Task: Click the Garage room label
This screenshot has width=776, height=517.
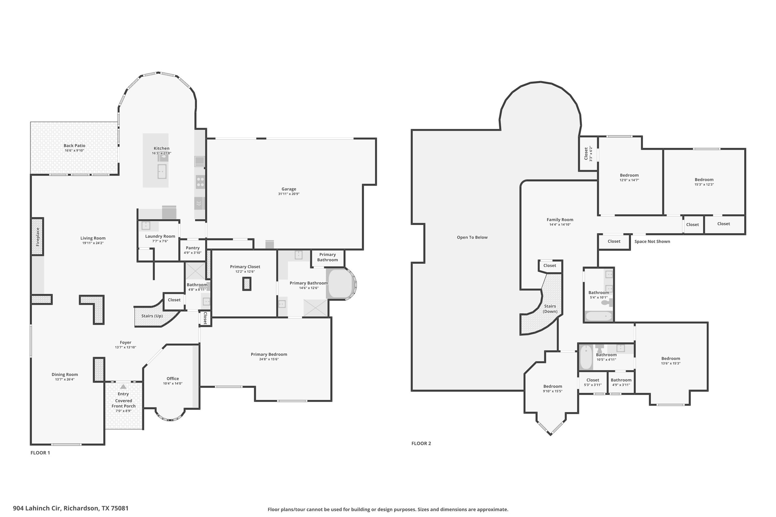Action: point(289,189)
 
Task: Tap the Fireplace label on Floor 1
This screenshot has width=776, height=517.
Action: point(38,237)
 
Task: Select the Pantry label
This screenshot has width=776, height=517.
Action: point(193,248)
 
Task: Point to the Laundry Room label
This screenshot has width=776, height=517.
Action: point(160,236)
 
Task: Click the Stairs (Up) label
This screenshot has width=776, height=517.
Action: point(152,316)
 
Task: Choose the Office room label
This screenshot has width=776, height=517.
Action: point(173,378)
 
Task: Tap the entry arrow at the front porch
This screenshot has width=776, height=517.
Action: point(123,387)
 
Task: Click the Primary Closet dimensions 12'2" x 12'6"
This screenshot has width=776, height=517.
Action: point(245,272)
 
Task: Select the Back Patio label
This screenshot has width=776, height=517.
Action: point(74,145)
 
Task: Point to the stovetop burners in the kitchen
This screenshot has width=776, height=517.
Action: point(200,182)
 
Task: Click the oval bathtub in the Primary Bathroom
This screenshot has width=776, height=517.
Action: point(341,284)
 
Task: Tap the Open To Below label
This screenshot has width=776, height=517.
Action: point(472,237)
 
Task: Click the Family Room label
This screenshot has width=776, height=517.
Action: point(560,220)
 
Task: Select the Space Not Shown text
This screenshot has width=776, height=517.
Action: point(652,241)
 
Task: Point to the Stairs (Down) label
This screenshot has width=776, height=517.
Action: point(550,309)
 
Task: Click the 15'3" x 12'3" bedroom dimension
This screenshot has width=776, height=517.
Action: point(704,185)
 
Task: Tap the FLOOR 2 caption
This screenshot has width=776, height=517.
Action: point(421,443)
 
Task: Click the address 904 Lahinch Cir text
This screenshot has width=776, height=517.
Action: point(37,508)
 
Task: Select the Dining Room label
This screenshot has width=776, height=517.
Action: point(65,375)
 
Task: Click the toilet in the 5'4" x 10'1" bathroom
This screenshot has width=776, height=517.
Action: point(607,302)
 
